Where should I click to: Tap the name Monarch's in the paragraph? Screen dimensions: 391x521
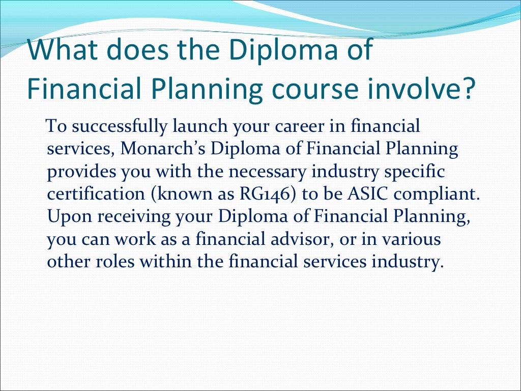tap(164, 150)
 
